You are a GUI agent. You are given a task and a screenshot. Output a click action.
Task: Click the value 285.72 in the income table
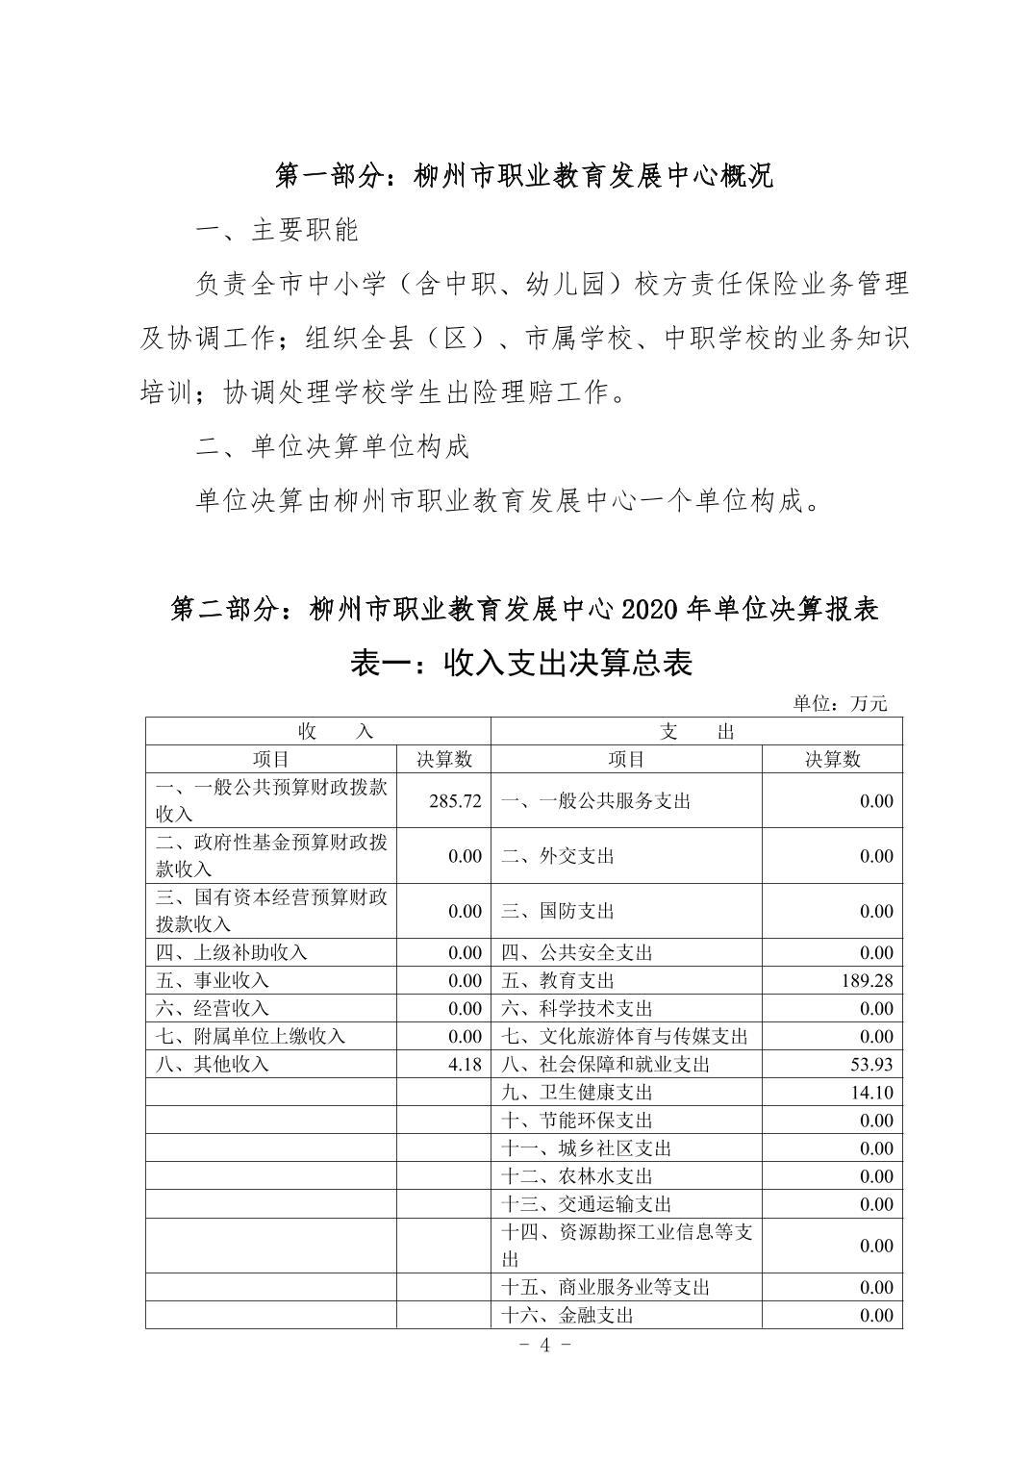[x=455, y=801]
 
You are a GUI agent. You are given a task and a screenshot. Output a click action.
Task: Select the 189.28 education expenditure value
[x=867, y=981]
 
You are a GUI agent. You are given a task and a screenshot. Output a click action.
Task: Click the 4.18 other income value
[x=465, y=1065]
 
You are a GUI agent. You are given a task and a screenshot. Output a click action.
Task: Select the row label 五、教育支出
[x=558, y=981]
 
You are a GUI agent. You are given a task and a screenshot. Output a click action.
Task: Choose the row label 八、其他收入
[x=213, y=1065]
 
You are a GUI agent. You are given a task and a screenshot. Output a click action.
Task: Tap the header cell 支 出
[x=697, y=732]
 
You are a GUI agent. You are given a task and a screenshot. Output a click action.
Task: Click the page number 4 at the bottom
[x=544, y=1345]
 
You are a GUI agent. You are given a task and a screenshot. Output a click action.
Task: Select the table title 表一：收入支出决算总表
[x=521, y=663]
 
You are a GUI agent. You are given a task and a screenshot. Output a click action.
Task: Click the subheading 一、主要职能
[x=277, y=230]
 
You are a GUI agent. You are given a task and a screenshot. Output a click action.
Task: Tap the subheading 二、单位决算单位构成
[x=332, y=447]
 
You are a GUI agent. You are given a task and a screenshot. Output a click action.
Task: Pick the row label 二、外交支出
[x=558, y=856]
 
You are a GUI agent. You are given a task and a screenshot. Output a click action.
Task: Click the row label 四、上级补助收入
[x=231, y=952]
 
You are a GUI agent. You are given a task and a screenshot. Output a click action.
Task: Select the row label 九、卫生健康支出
[x=577, y=1093]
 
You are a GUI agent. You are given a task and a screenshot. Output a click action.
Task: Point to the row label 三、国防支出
[x=558, y=911]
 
